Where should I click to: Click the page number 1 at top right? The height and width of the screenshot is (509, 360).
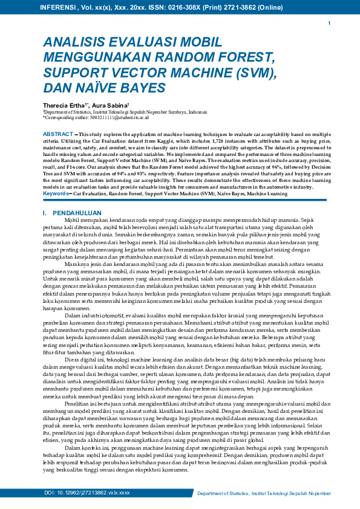(x=329, y=24)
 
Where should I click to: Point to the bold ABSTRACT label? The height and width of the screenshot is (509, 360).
(x=57, y=134)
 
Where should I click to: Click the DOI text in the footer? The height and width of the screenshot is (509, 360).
(x=87, y=493)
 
